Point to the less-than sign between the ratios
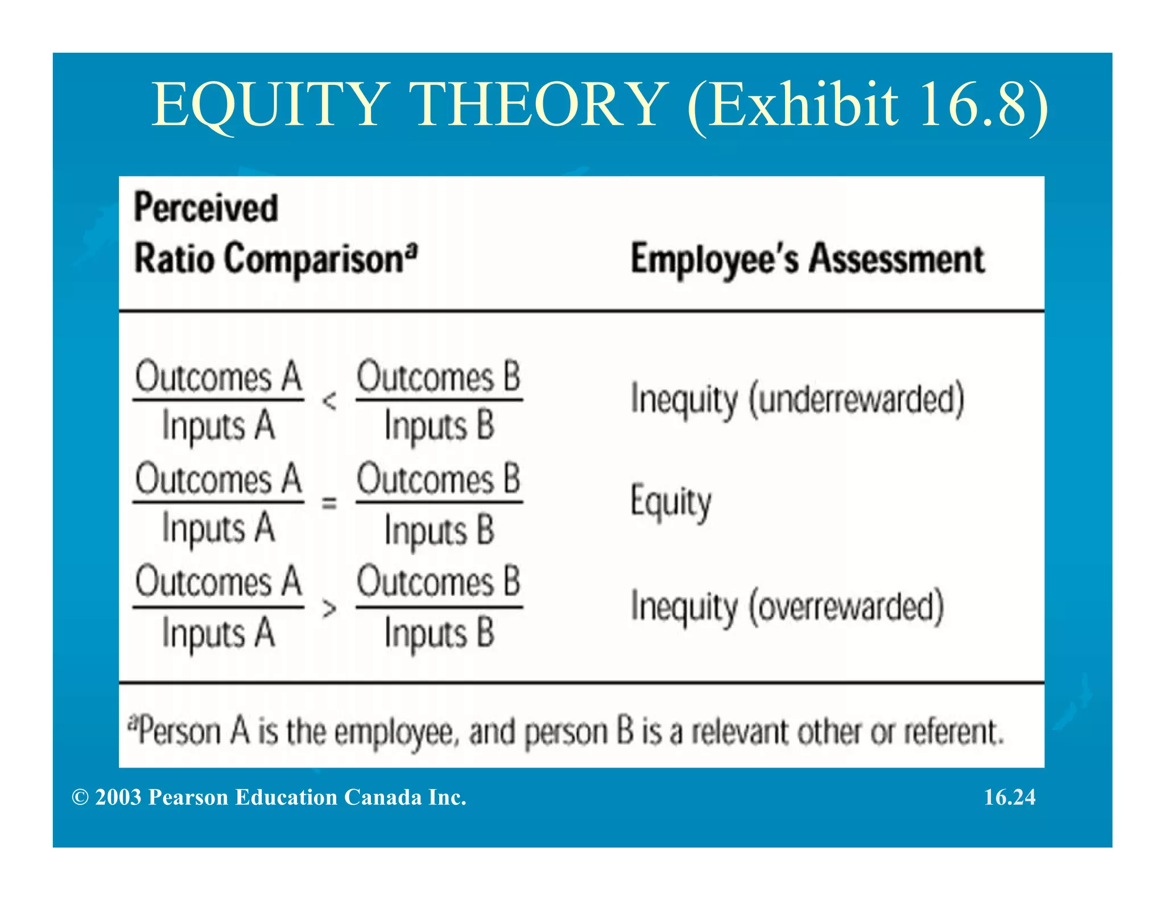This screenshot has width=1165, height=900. pyautogui.click(x=329, y=401)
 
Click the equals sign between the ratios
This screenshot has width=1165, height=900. pyautogui.click(x=329, y=503)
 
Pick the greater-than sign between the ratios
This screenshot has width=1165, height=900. pyautogui.click(x=329, y=609)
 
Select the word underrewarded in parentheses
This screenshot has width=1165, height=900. pyautogui.click(x=856, y=399)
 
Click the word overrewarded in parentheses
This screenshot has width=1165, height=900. pyautogui.click(x=846, y=606)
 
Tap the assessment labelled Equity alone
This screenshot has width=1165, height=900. pyautogui.click(x=671, y=502)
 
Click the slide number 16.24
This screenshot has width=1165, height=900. pyautogui.click(x=1010, y=797)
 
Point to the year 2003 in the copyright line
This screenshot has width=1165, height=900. pyautogui.click(x=118, y=797)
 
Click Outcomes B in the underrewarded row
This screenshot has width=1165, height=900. pyautogui.click(x=439, y=377)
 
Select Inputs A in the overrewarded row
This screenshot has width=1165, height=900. pyautogui.click(x=218, y=633)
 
